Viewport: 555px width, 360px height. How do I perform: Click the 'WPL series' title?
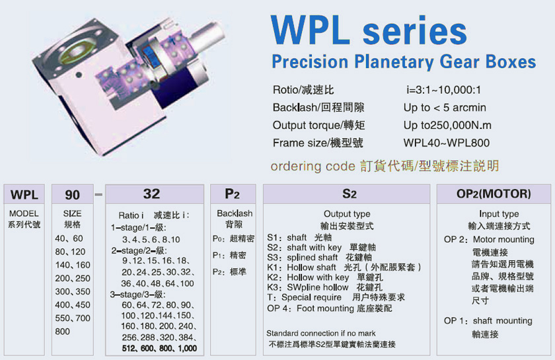pos(369,30)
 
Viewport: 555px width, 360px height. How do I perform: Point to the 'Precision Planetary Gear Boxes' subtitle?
pos(404,62)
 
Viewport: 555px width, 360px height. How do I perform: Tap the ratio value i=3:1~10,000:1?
pos(444,90)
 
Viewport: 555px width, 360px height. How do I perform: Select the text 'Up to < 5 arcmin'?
pos(445,107)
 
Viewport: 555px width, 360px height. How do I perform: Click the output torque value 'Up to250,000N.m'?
pos(447,125)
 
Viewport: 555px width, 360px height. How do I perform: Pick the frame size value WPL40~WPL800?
pos(447,143)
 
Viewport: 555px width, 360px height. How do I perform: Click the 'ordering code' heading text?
pos(313,166)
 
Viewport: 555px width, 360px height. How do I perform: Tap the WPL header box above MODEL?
pos(24,194)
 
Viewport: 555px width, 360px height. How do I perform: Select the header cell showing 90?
pos(73,194)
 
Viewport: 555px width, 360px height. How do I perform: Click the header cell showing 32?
pos(155,194)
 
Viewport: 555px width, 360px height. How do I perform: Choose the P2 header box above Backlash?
pos(233,194)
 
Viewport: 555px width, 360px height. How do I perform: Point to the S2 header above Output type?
pos(346,194)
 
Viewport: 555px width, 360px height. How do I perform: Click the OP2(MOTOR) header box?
pos(494,194)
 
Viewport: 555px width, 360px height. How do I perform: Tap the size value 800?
pos(62,332)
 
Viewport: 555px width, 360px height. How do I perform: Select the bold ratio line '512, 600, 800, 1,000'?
pos(159,348)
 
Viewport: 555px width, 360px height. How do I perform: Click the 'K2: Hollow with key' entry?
pos(308,277)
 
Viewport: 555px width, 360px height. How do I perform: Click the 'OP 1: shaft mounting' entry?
pos(488,321)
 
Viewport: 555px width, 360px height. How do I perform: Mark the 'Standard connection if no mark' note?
pos(321,333)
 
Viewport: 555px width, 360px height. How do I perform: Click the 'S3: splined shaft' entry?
pos(303,258)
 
